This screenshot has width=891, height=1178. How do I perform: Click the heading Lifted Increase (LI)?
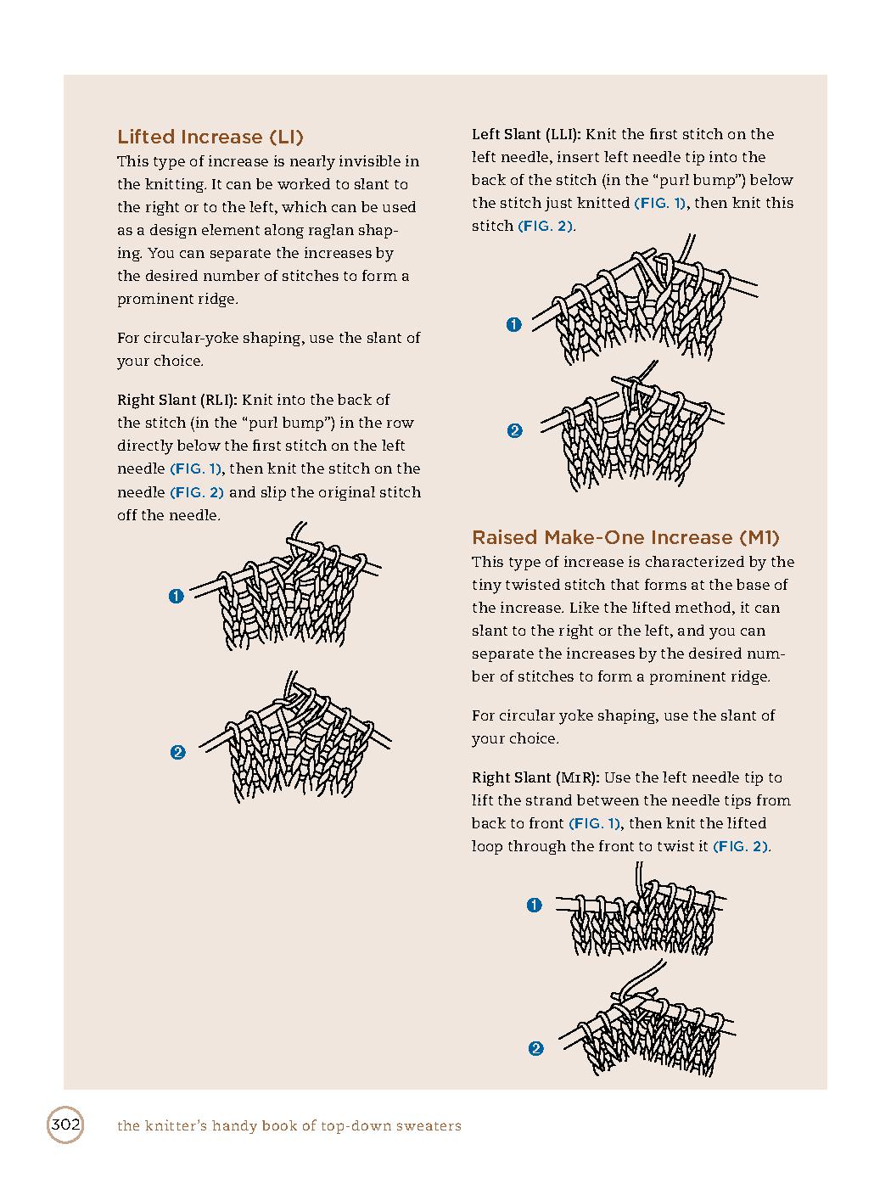pos(210,137)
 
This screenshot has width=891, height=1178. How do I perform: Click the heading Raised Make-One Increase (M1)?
pos(625,537)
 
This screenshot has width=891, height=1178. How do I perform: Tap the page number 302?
pos(64,1125)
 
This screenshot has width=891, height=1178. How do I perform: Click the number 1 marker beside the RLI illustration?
pos(177,597)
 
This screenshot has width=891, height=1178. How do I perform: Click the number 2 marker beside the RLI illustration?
pos(177,752)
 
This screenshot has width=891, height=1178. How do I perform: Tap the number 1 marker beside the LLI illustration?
pos(513,324)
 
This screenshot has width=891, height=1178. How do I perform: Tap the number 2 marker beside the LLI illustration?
pos(514,431)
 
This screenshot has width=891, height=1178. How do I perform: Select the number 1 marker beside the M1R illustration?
pos(534,906)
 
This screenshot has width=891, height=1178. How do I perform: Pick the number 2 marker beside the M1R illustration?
pos(535,1049)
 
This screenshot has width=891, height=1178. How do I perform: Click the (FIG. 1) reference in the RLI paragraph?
pos(196,468)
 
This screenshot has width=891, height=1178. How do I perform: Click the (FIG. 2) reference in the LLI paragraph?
pos(546,226)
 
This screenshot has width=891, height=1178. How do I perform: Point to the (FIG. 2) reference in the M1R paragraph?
pos(741,846)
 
